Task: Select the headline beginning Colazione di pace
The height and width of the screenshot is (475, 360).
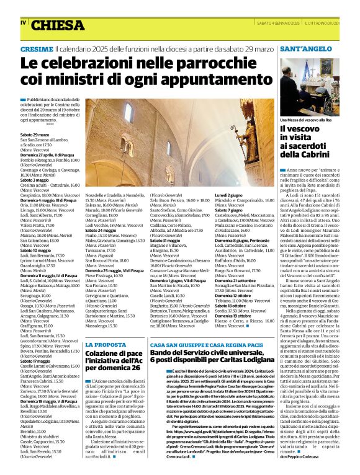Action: click(x=114, y=360)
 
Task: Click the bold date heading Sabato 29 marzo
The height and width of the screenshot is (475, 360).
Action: click(x=35, y=134)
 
